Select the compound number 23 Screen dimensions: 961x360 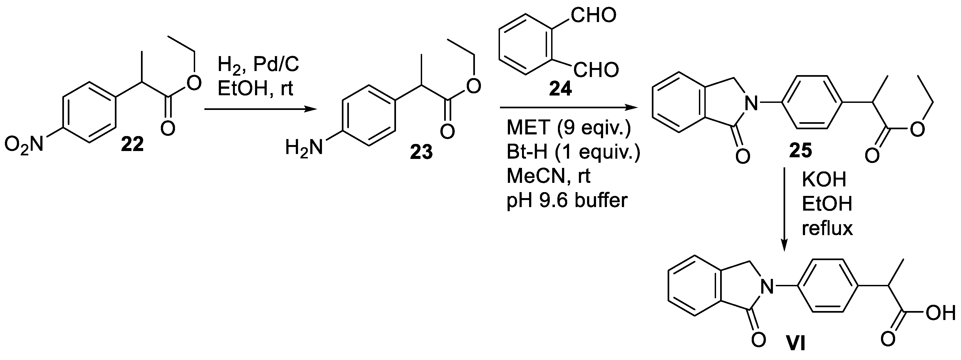point(421,152)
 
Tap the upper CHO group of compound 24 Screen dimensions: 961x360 point(593,16)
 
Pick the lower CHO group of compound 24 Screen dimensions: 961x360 point(596,70)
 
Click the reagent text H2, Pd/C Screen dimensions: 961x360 point(258,65)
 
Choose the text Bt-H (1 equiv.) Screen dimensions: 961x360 point(573,152)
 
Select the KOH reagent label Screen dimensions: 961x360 point(824,180)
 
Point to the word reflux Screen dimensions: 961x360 point(827,228)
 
